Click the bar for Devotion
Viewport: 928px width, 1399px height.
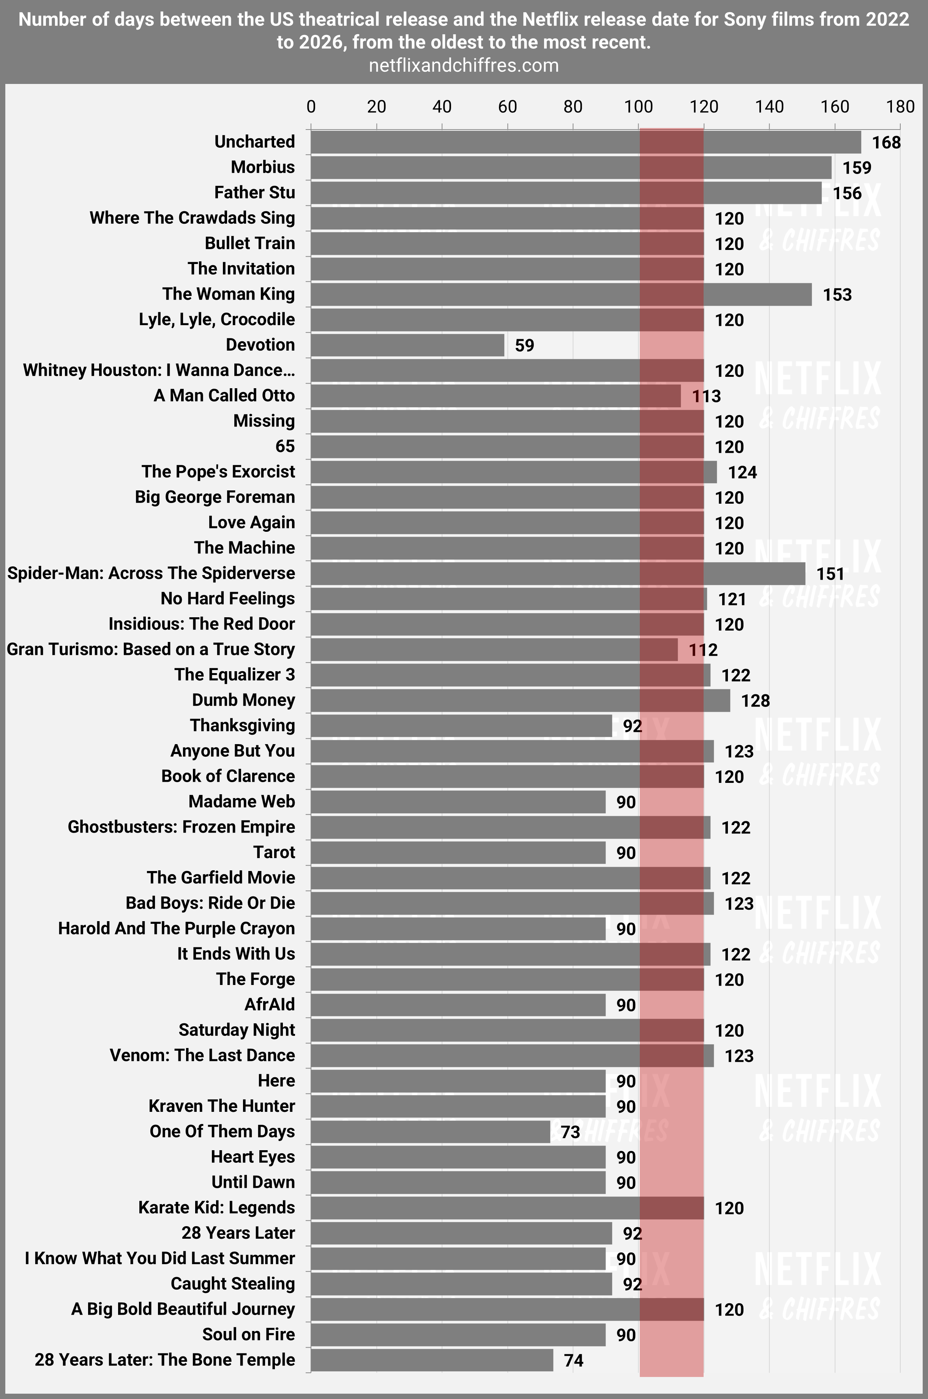407,345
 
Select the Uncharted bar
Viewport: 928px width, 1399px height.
586,142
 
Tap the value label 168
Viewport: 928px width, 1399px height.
886,143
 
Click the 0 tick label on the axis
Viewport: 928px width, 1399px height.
311,107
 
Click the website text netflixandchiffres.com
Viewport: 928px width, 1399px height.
463,65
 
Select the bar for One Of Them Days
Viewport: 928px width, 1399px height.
430,1132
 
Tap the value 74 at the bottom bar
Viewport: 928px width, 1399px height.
573,1360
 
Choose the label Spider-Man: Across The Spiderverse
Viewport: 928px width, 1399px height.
151,573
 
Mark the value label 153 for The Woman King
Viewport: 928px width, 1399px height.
837,295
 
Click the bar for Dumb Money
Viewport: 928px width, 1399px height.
520,700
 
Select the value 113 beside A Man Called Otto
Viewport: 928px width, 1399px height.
706,396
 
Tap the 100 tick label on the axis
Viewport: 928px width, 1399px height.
639,107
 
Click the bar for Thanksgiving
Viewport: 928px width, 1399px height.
461,726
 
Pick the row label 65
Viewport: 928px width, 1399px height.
285,446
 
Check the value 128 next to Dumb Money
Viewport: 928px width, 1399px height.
755,701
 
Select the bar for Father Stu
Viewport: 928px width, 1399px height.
566,193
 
